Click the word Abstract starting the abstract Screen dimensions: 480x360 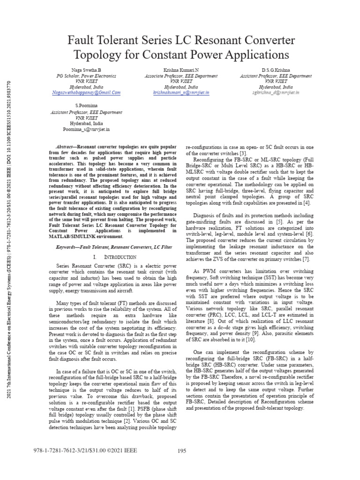point(65,147)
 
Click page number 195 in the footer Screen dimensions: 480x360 point(182,451)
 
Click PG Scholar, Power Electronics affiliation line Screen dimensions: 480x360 point(86,75)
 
